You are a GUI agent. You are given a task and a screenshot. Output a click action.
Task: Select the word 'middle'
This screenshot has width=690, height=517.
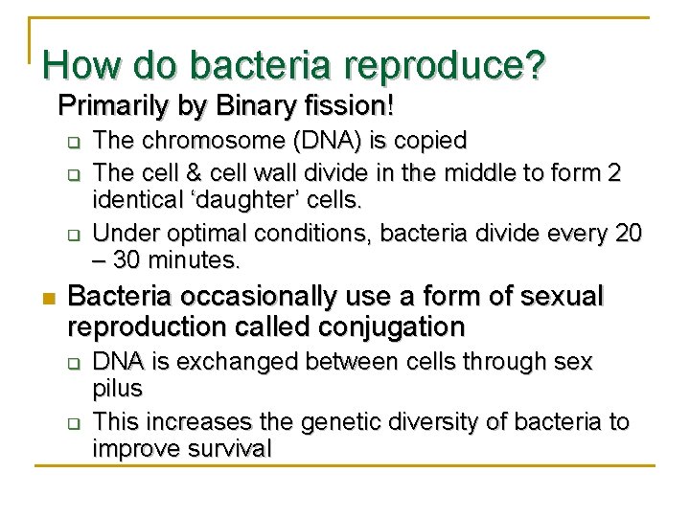[x=475, y=173]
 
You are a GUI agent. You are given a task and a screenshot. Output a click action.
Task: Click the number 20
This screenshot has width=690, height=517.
[x=628, y=235]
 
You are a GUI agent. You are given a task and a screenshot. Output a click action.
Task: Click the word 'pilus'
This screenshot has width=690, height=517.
[x=118, y=389]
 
